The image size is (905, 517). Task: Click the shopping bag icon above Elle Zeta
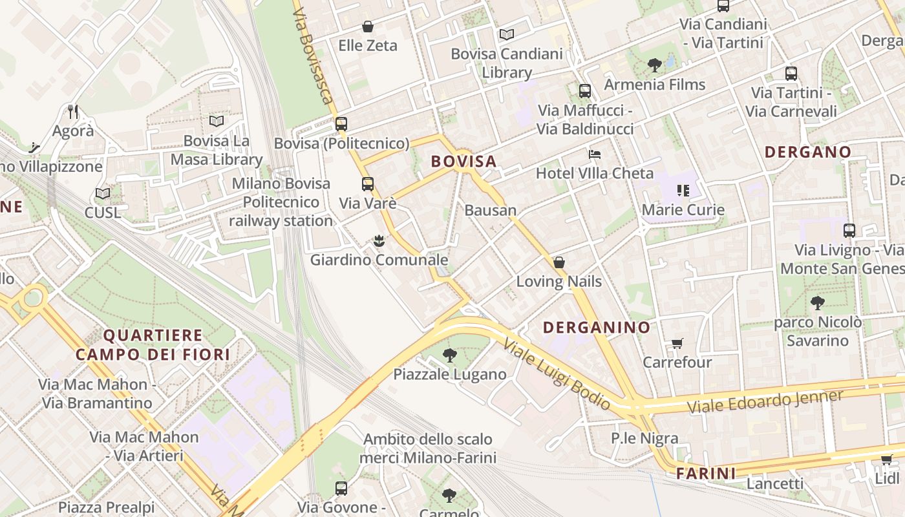pyautogui.click(x=367, y=26)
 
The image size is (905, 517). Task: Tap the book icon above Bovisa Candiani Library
pyautogui.click(x=507, y=34)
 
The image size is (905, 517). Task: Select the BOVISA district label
pyautogui.click(x=463, y=162)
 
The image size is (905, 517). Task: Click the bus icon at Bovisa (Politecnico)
pyautogui.click(x=341, y=123)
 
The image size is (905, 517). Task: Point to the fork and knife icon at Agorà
pyautogui.click(x=73, y=112)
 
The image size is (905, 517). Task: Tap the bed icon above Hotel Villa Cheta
pyautogui.click(x=594, y=154)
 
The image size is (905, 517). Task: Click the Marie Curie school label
pyautogui.click(x=683, y=209)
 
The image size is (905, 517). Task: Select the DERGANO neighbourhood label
pyautogui.click(x=807, y=153)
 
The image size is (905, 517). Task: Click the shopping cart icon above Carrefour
pyautogui.click(x=677, y=343)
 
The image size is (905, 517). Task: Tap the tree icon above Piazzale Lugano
pyautogui.click(x=449, y=355)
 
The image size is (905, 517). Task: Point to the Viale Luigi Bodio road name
pyautogui.click(x=557, y=375)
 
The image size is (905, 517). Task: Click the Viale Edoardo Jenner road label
pyautogui.click(x=765, y=401)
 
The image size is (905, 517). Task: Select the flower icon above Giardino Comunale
pyautogui.click(x=379, y=241)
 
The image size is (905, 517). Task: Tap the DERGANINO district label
pyautogui.click(x=596, y=328)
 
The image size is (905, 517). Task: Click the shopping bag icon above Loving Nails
pyautogui.click(x=559, y=262)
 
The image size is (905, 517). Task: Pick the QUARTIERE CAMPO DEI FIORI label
pyautogui.click(x=153, y=344)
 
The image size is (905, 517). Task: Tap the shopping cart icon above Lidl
pyautogui.click(x=886, y=459)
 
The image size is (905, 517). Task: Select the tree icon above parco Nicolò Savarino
pyautogui.click(x=817, y=302)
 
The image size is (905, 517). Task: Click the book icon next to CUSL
pyautogui.click(x=102, y=193)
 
